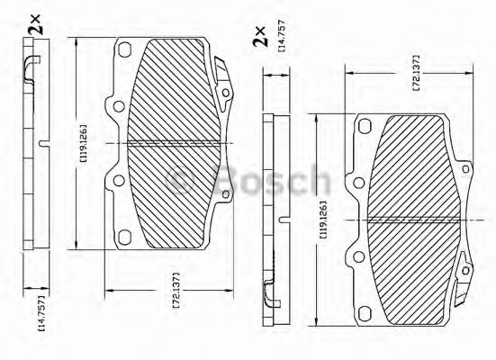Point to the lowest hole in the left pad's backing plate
123,238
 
